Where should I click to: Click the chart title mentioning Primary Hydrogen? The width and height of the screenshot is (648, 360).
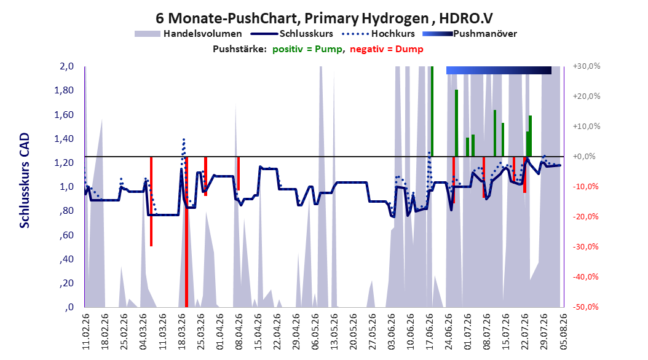tap(324, 18)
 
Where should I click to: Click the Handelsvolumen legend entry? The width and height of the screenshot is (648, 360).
tap(189, 34)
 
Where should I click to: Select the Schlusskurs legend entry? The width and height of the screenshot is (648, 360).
tap(292, 34)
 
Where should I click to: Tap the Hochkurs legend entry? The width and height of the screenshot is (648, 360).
tap(378, 34)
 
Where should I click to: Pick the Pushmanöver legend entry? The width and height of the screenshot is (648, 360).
tap(470, 34)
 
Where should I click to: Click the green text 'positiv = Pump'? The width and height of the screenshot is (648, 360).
tap(307, 49)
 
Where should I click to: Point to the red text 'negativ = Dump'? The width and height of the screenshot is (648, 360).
tap(387, 49)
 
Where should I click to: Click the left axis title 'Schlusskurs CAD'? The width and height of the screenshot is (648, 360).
tap(25, 181)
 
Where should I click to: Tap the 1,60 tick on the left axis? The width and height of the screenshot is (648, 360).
tap(64, 114)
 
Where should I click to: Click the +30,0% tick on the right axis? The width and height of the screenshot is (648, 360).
tap(587, 66)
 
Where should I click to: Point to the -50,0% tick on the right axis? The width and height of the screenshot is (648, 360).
tap(587, 307)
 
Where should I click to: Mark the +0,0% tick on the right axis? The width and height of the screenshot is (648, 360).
tap(585, 157)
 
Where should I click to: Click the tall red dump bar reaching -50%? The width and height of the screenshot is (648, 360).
tap(186, 232)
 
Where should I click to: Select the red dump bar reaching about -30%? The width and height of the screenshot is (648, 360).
tap(151, 202)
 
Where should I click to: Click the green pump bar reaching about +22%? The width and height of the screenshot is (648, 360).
tap(457, 123)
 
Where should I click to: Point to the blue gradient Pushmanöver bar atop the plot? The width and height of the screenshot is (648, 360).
tap(499, 70)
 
